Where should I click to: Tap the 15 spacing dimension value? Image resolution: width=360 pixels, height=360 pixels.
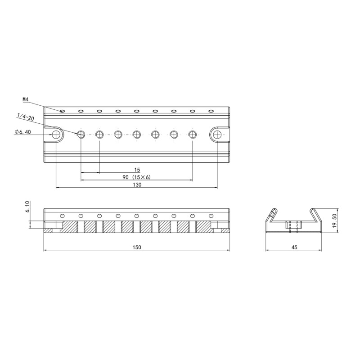137,170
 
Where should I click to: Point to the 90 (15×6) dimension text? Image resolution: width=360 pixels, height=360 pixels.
136,177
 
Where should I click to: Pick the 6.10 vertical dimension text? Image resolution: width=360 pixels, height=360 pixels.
28,207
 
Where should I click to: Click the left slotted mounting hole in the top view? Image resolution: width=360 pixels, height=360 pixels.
57,134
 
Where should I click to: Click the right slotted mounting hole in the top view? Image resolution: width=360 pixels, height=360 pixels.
217,134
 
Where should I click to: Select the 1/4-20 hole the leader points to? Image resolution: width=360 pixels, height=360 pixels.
81,134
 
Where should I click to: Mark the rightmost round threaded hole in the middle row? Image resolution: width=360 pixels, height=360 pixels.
193,134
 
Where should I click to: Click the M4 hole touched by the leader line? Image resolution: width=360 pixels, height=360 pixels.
63,111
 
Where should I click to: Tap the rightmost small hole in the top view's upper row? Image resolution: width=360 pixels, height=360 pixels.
211,111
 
